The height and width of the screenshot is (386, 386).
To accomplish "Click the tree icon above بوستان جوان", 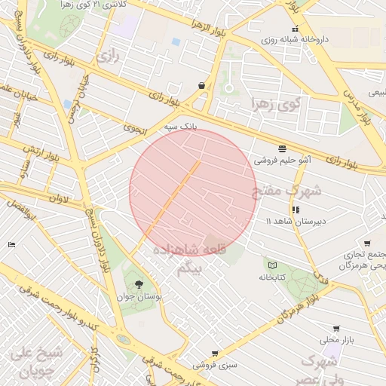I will (x=139, y=283).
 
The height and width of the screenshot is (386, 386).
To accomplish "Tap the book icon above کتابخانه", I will (x=272, y=265).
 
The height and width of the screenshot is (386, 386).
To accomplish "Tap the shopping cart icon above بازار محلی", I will (x=335, y=329).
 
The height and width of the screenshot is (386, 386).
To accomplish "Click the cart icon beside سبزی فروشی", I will (x=215, y=353).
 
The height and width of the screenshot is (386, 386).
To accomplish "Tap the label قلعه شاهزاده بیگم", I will (x=184, y=259).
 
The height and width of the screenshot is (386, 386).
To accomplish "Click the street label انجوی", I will (x=136, y=128).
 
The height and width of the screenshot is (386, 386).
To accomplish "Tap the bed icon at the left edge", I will (x=11, y=244).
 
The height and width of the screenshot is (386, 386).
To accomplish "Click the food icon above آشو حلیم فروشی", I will (x=282, y=148).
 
